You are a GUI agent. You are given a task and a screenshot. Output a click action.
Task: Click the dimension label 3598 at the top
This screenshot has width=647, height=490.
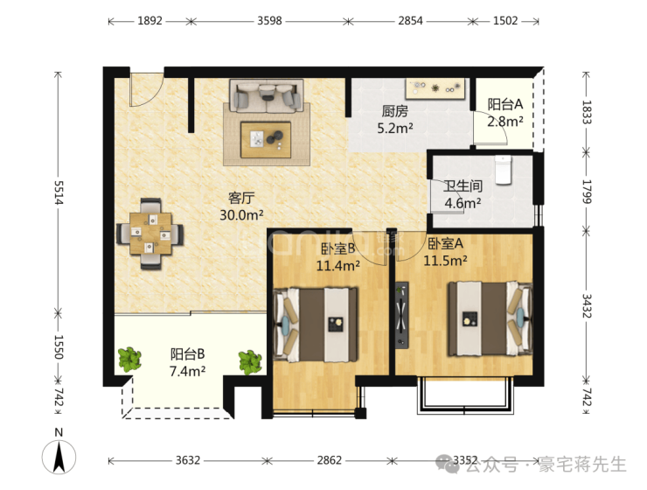pos(269,21)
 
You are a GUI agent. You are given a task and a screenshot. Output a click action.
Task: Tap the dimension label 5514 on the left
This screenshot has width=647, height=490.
pos(59,192)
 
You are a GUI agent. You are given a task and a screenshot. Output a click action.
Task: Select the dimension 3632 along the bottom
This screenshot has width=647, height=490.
pos(188,460)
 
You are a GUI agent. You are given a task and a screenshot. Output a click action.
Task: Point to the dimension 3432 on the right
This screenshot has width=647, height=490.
pos(587,306)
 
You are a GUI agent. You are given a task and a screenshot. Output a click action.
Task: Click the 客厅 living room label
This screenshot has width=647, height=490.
pos(241,198)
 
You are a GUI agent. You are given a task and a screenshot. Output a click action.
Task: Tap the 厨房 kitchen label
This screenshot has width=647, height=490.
pos(394,111)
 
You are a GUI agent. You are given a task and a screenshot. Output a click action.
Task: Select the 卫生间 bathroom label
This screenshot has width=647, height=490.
pos(463,185)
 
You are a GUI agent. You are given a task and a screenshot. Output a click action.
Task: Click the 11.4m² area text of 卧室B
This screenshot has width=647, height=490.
pos(338,265)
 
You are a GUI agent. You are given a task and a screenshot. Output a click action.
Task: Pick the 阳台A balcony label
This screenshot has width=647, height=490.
pos(505,104)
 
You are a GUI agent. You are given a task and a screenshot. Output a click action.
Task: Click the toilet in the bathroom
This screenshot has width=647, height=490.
pos(503,170)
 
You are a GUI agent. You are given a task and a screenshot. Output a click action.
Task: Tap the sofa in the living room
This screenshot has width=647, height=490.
pos(267,96)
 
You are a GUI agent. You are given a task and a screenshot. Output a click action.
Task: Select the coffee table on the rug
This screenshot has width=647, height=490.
pos(266,139)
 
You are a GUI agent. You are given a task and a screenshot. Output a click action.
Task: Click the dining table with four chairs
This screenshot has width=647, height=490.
pos(150,234)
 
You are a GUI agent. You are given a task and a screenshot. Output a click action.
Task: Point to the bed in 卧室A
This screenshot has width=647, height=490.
pos(490,319)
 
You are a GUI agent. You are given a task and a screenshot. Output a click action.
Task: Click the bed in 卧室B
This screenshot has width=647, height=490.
pos(316,325)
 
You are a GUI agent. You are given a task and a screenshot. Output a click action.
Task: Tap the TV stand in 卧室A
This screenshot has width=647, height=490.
pos(402,315)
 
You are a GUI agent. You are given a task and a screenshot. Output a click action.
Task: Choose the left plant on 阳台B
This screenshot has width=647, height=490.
pos(130,359)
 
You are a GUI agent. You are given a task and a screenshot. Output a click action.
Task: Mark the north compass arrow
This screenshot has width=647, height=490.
pos(59,457)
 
